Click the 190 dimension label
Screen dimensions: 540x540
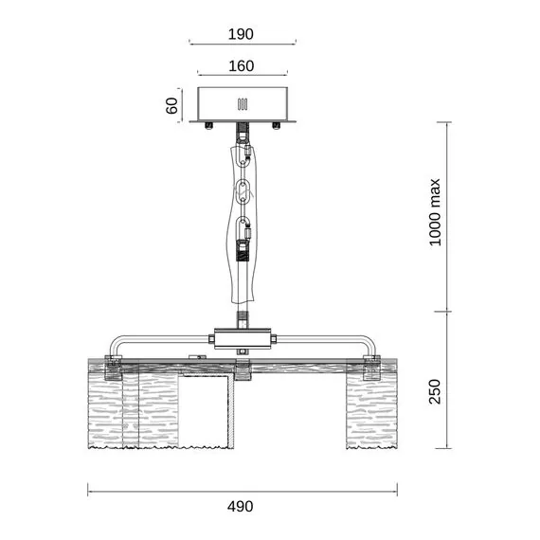pyautogui.click(x=241, y=34)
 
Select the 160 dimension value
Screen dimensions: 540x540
pyautogui.click(x=242, y=65)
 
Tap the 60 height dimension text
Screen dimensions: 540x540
pyautogui.click(x=171, y=105)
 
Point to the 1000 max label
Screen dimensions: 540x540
pyautogui.click(x=435, y=212)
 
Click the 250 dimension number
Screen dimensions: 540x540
pyautogui.click(x=435, y=391)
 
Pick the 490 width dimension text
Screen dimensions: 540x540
pyautogui.click(x=241, y=506)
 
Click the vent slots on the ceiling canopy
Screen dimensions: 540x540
pyautogui.click(x=243, y=104)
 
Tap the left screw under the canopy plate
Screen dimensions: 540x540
pyautogui.click(x=208, y=125)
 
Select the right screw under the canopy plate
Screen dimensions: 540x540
pyautogui.click(x=277, y=125)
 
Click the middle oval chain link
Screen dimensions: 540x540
pyautogui.click(x=243, y=190)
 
